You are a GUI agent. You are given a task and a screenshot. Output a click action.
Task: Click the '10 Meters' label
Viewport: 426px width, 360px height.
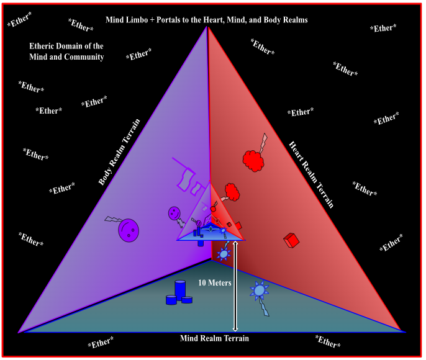[x=215, y=282]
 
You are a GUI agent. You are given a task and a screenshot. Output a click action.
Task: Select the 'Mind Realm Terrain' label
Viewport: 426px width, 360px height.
[x=214, y=338]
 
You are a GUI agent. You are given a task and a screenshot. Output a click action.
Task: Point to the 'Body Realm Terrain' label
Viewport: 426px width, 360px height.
[x=122, y=152]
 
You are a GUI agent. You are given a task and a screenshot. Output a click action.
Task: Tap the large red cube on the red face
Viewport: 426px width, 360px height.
[x=291, y=240]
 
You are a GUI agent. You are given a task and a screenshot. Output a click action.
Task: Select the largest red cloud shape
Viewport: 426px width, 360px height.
[x=253, y=160]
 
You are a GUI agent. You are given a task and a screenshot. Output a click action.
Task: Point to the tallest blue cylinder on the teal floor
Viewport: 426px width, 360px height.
[x=180, y=289]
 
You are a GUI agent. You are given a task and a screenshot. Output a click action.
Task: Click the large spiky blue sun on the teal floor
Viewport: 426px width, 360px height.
[x=259, y=290]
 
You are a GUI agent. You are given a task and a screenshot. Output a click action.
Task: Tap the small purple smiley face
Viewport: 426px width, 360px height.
[x=174, y=213]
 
